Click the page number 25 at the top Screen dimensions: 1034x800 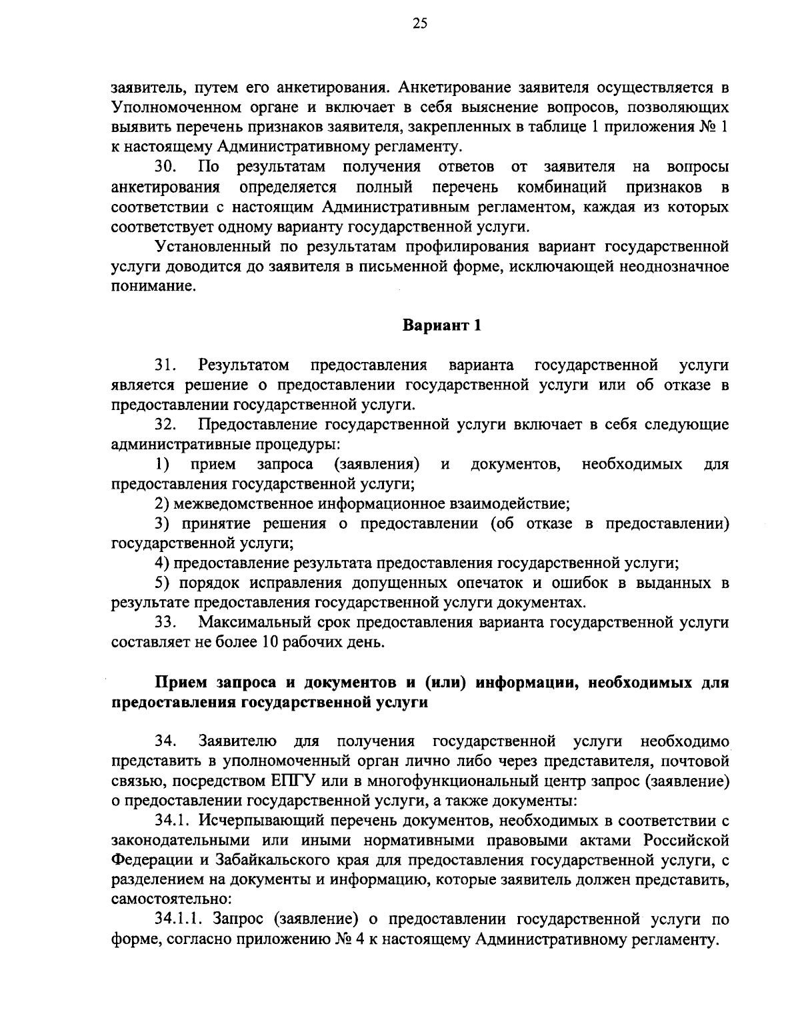[400, 25]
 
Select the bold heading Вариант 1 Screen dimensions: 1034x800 [441, 326]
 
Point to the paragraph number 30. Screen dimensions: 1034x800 [165, 166]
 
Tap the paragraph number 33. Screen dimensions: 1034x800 [165, 623]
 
